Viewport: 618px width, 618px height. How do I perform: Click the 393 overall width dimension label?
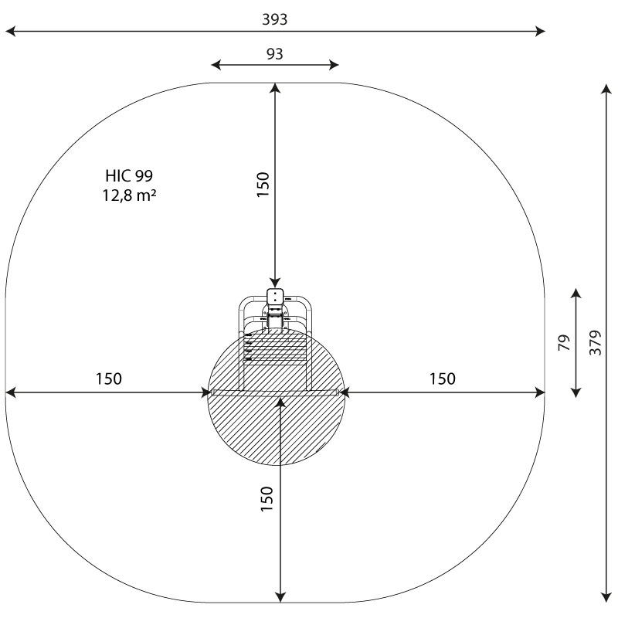tap(275, 19)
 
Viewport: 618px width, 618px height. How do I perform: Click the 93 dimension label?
tap(275, 53)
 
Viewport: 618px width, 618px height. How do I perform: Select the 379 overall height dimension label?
tap(595, 343)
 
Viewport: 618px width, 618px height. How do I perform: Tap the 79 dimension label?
tap(565, 342)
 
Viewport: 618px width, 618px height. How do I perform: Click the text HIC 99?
tap(129, 176)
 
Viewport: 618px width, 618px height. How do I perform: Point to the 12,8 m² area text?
tap(129, 195)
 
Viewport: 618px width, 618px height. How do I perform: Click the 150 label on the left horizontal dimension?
tap(109, 379)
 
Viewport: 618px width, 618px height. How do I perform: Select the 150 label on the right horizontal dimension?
tap(442, 379)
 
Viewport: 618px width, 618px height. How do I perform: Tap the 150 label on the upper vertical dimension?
tap(263, 185)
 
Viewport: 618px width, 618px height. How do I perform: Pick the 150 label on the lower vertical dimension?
tap(267, 499)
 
